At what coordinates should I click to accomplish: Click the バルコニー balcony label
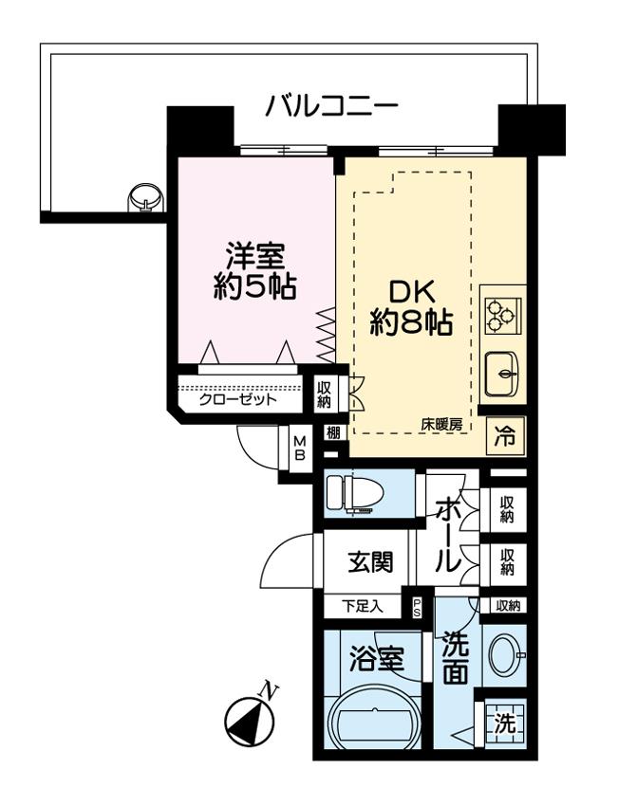point(332,106)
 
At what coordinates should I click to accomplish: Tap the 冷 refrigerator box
point(505,436)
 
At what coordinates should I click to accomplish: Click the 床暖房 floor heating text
point(441,425)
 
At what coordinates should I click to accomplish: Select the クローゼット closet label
point(237,399)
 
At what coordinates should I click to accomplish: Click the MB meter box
point(299,449)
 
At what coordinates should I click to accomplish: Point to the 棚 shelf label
point(333,432)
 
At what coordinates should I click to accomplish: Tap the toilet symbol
point(354,493)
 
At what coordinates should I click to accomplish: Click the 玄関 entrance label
point(370,562)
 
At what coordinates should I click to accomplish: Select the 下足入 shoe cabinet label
point(363,607)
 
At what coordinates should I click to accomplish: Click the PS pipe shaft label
point(417,608)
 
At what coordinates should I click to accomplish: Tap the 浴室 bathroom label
point(377,659)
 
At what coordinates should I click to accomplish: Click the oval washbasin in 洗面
point(506,656)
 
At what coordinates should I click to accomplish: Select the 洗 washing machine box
point(505,724)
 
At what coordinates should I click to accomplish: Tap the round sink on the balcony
point(145,196)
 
